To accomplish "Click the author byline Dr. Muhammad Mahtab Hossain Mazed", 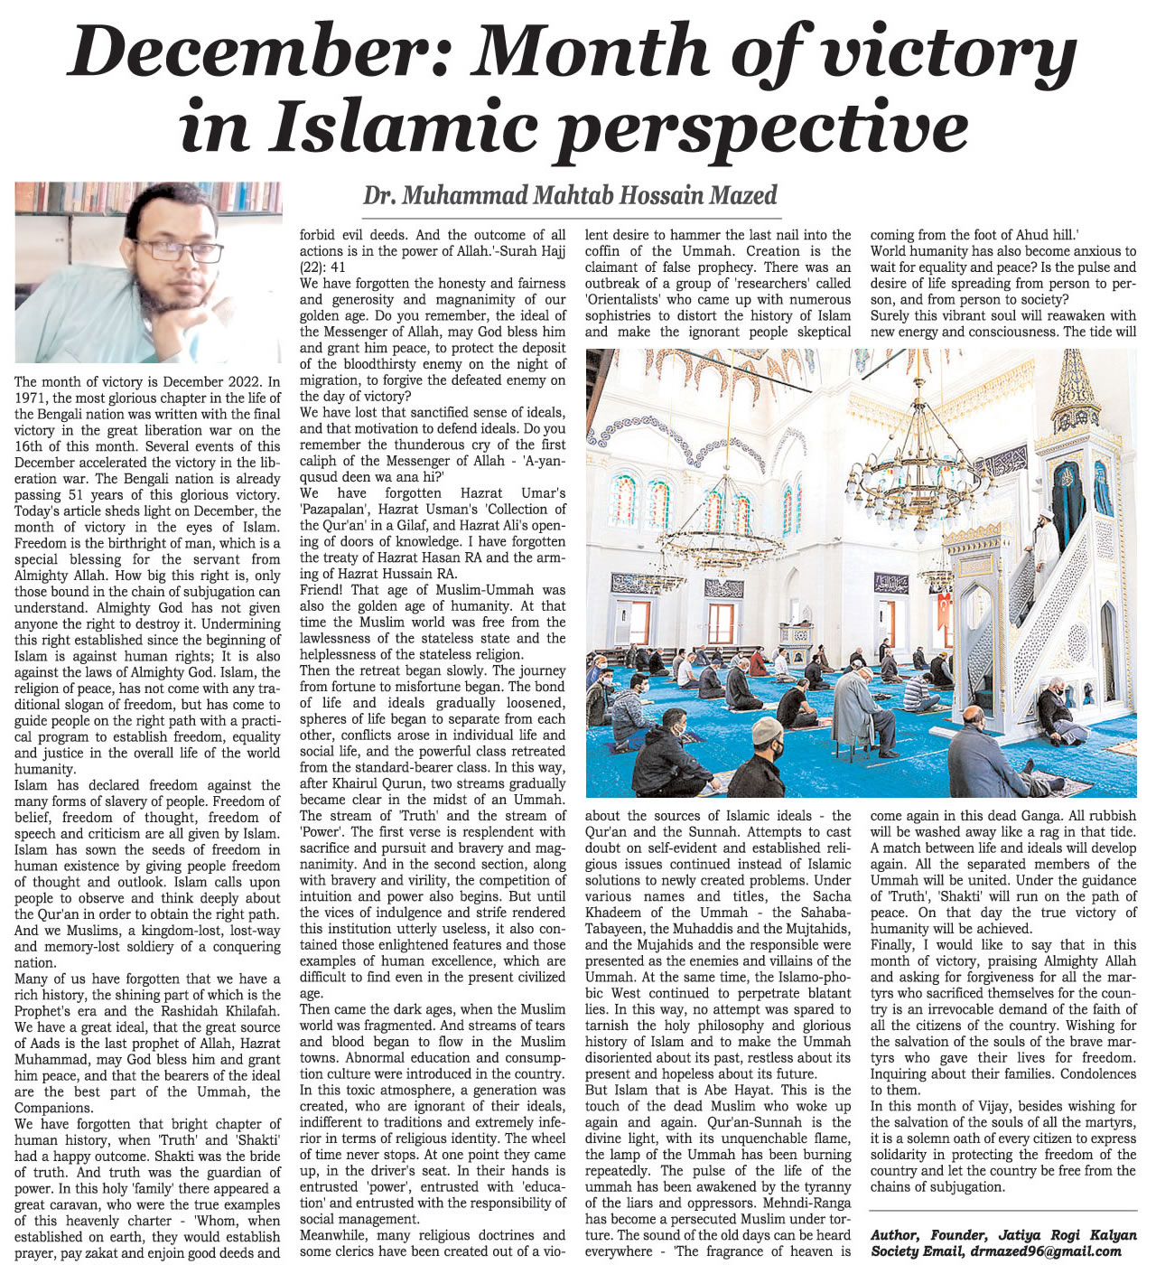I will pos(570,195).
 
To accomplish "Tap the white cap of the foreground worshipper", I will pos(767,730).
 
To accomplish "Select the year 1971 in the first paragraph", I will pos(31,398).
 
